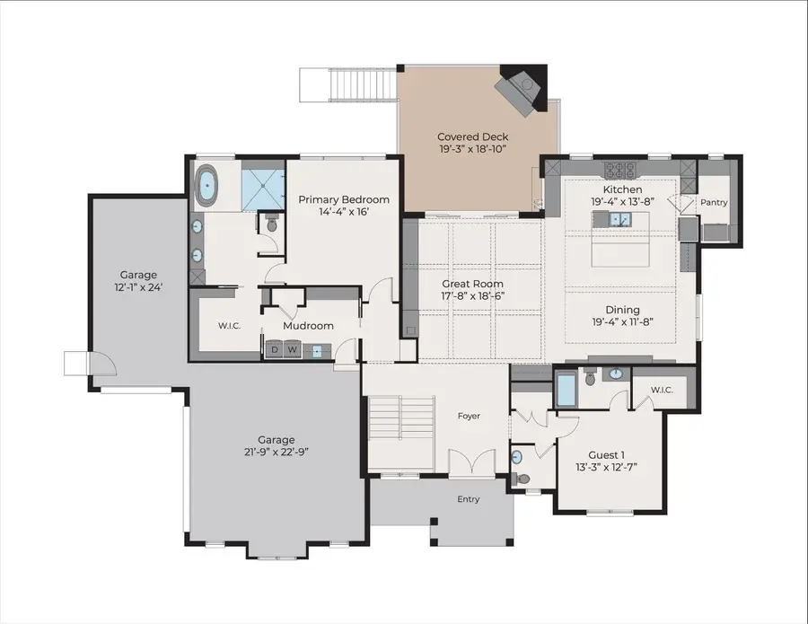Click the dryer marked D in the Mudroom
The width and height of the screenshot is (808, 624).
275,351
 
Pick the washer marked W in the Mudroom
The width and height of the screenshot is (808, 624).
292,351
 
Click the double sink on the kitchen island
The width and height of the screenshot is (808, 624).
619,219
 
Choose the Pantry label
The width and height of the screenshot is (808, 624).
714,203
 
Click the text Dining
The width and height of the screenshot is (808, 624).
622,310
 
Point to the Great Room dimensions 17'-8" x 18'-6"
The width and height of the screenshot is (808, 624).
472,296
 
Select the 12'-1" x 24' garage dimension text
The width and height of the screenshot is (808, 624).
138,288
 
